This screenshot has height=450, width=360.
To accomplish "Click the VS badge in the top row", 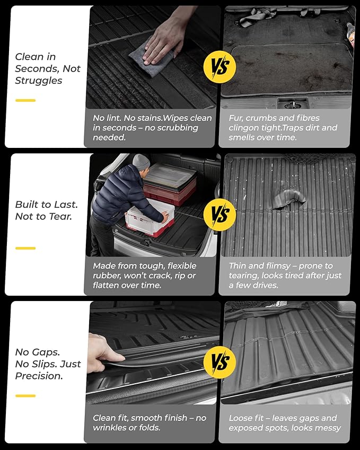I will click(x=219, y=67).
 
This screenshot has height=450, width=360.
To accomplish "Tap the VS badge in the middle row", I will click(x=219, y=215).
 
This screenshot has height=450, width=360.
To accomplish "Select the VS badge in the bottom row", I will click(x=219, y=363).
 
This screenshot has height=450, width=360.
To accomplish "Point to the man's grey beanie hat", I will click(x=141, y=162).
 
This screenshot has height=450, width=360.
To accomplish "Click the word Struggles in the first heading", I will click(x=39, y=81).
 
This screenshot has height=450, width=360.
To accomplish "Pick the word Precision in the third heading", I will click(x=39, y=375).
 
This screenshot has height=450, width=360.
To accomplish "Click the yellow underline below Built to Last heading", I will click(x=25, y=248).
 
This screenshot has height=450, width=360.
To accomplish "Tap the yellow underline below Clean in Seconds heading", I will click(x=25, y=100).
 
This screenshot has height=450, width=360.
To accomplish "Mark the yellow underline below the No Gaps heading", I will click(x=25, y=395).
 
